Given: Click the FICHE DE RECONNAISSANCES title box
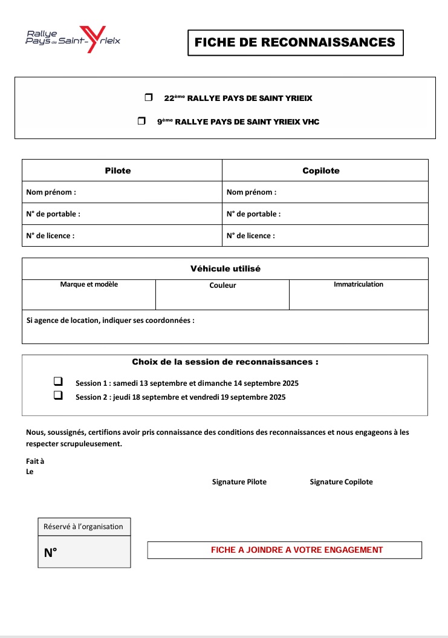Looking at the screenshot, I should coord(295,42).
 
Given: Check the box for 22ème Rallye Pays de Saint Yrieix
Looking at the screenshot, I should coord(149,97).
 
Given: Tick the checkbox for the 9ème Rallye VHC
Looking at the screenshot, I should coord(141,121).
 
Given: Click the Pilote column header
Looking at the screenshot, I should coord(118,171).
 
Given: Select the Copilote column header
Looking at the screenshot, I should coord(321,171).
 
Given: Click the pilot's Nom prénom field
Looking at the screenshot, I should coord(145,192).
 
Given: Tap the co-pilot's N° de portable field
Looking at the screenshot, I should coord(351,214).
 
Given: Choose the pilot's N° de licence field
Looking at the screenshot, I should coord(145,236).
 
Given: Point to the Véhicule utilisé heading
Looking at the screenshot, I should coord(226,269).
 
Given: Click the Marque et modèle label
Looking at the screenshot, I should coord(89,284).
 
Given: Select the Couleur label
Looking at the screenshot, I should coord(222,285).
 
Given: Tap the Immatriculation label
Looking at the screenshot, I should coord(359,284).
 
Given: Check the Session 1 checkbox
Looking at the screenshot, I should coord(58,382).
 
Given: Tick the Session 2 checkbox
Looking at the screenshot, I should coord(58,395).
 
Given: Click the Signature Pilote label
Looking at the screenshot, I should coord(239,482).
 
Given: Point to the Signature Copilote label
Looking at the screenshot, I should coord(341,482).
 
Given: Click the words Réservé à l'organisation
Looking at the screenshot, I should coord(83,527).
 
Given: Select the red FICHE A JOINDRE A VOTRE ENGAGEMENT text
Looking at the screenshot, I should coord(297,550).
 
